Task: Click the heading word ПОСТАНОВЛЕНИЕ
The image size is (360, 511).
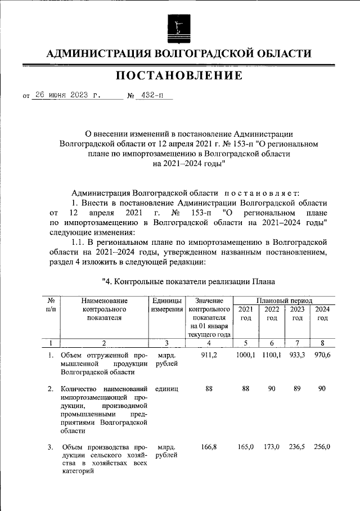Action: [179, 75]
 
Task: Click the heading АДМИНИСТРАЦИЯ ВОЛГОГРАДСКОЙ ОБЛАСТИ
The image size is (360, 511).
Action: [179, 53]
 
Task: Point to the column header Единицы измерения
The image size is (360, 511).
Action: [168, 306]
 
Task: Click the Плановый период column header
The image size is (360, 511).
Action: [284, 301]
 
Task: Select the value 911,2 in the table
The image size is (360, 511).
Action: [209, 355]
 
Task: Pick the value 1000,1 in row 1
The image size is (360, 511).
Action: [246, 355]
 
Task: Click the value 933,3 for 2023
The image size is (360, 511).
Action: [297, 355]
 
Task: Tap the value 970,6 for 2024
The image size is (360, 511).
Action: [322, 355]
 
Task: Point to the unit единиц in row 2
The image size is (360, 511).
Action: [168, 389]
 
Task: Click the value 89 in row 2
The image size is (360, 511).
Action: [297, 389]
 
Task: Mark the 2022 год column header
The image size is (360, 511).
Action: [272, 313]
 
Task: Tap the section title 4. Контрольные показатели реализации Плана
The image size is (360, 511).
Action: [188, 280]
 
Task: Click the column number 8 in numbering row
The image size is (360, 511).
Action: [322, 343]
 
